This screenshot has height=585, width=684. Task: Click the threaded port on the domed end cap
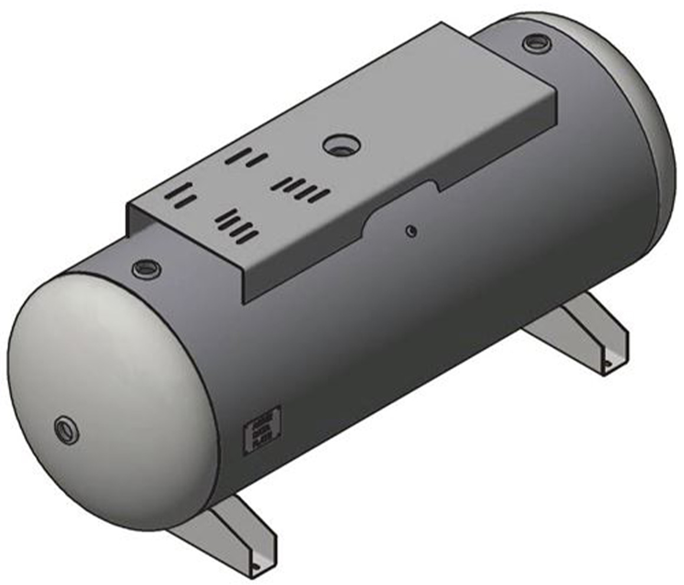tap(66, 430)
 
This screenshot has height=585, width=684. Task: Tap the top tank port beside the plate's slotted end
tap(146, 269)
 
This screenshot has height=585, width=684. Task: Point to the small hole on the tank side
tap(412, 231)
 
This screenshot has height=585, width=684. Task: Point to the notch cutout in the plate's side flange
tap(401, 204)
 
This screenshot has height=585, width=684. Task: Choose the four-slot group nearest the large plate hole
tap(301, 189)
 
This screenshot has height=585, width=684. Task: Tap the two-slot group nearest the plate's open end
tap(178, 196)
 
